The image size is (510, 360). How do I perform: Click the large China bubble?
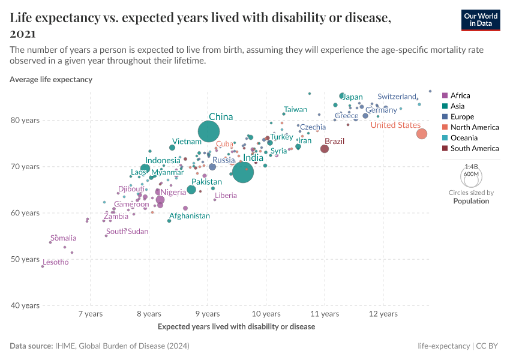[x=209, y=131]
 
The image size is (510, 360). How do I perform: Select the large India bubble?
[x=243, y=172]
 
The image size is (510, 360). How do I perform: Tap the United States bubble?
[x=422, y=134]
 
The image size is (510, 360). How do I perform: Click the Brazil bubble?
[x=325, y=149]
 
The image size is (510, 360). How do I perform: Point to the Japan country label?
[x=352, y=97]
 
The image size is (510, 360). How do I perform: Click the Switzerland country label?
[x=397, y=97]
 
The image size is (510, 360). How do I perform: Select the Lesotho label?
[x=55, y=262]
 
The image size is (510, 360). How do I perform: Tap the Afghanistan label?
[x=190, y=216]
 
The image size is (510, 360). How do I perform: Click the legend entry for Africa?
[x=460, y=95]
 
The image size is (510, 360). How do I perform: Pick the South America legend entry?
[x=474, y=148]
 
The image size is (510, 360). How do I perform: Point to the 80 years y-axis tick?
[x=26, y=120]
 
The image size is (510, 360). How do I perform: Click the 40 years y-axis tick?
[x=26, y=305]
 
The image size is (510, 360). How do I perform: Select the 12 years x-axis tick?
[x=383, y=314]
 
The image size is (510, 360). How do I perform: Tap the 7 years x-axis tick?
[x=91, y=314]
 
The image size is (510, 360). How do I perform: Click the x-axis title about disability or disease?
[x=236, y=327]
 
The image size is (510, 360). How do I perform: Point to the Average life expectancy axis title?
[x=51, y=79]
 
